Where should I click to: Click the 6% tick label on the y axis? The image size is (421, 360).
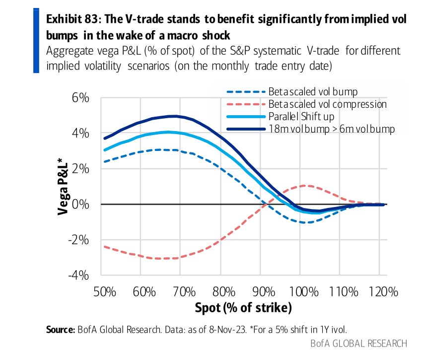click(80, 98)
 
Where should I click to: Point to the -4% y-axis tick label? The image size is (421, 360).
click(79, 276)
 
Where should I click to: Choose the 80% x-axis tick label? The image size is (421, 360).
click(222, 291)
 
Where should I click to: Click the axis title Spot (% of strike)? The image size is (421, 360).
click(241, 308)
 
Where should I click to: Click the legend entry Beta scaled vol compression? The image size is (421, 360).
click(327, 104)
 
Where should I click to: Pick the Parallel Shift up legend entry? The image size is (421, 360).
click(301, 117)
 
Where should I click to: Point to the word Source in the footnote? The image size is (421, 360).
click(60, 329)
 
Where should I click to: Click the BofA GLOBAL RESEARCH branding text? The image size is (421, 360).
click(358, 344)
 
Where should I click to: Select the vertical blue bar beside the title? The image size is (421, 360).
click(36, 40)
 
